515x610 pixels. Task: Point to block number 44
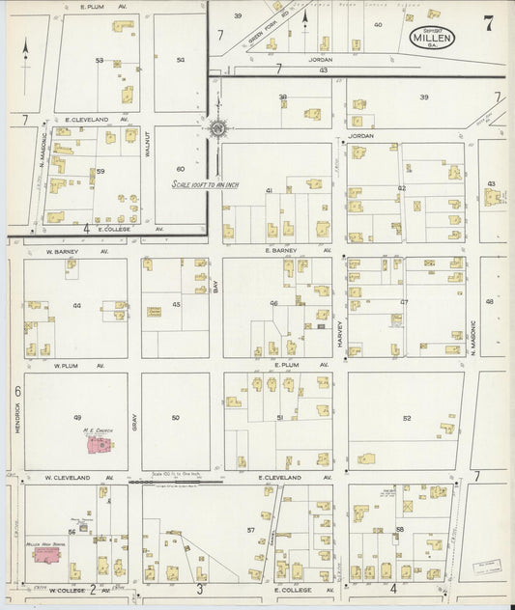(76, 306)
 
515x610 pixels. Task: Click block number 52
(407, 418)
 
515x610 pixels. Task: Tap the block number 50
(175, 417)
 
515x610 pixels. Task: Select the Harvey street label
(340, 333)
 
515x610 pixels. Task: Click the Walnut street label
(147, 145)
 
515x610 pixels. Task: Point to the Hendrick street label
(17, 417)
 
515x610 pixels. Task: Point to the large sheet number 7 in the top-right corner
(488, 23)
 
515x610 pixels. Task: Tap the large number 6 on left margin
(17, 391)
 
